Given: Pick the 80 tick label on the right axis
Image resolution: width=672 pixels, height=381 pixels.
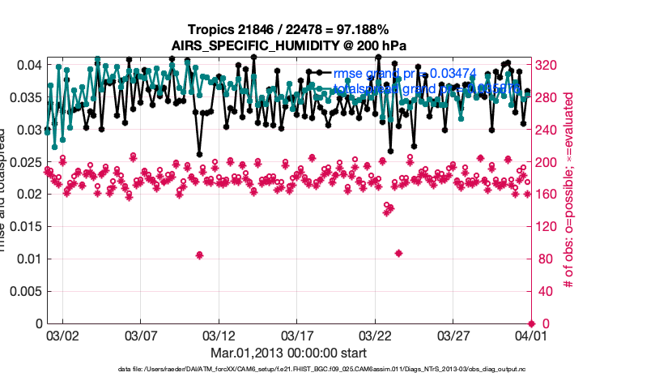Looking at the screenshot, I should pos(542,259).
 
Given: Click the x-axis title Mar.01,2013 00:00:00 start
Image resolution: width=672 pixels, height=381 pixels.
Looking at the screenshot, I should pos(288,353).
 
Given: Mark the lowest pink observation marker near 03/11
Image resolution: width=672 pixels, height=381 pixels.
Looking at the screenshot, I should pos(199,255).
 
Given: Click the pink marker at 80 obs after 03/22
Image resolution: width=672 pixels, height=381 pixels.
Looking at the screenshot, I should pos(398,254).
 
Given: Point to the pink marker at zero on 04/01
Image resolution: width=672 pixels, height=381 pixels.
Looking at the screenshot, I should pos(530,323).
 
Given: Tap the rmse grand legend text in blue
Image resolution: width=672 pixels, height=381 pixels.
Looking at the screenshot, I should pos(405,75).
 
